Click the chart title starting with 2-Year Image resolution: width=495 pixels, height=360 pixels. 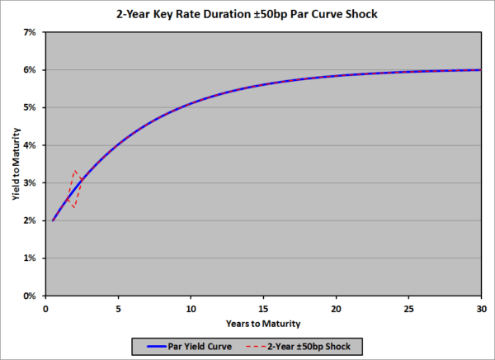pos(247,14)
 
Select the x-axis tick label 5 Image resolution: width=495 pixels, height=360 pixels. pos(118,307)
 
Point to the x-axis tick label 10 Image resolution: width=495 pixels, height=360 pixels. pos(191,307)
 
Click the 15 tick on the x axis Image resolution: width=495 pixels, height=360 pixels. pos(263,307)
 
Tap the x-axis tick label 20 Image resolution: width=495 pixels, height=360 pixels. pos(336,307)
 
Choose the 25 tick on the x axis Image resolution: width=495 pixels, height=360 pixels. pos(408,307)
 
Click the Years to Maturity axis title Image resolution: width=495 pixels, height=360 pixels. pos(263,322)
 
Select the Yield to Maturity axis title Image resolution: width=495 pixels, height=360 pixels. pos(12,163)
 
